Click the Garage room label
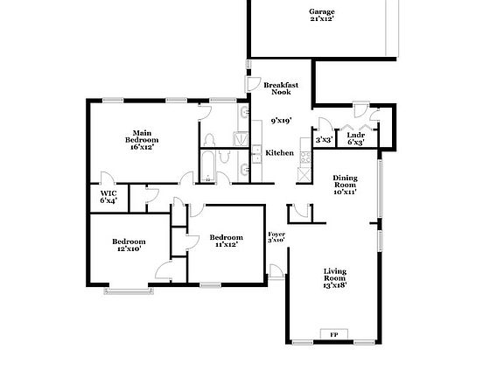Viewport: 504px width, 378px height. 320,12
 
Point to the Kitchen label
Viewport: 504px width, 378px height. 280,153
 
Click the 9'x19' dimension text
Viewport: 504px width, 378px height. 281,121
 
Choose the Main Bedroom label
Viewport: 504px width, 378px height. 141,135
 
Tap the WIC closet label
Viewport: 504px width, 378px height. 108,192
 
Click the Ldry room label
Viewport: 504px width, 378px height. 355,135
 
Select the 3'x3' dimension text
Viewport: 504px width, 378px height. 324,139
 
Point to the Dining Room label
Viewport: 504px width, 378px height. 346,182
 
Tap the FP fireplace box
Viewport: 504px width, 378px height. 332,335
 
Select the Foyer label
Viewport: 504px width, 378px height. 276,234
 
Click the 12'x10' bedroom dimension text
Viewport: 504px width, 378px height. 129,249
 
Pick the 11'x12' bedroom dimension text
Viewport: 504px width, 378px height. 225,245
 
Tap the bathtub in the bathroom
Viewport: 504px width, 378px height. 210,167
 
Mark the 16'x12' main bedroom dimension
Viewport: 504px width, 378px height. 141,148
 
